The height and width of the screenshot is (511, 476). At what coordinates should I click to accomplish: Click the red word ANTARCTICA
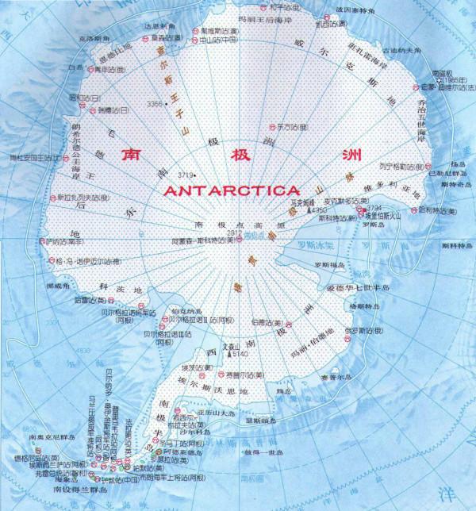(231, 190)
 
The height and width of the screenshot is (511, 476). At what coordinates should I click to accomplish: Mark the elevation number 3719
(185, 174)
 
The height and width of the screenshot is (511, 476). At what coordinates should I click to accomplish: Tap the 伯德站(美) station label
(265, 323)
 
